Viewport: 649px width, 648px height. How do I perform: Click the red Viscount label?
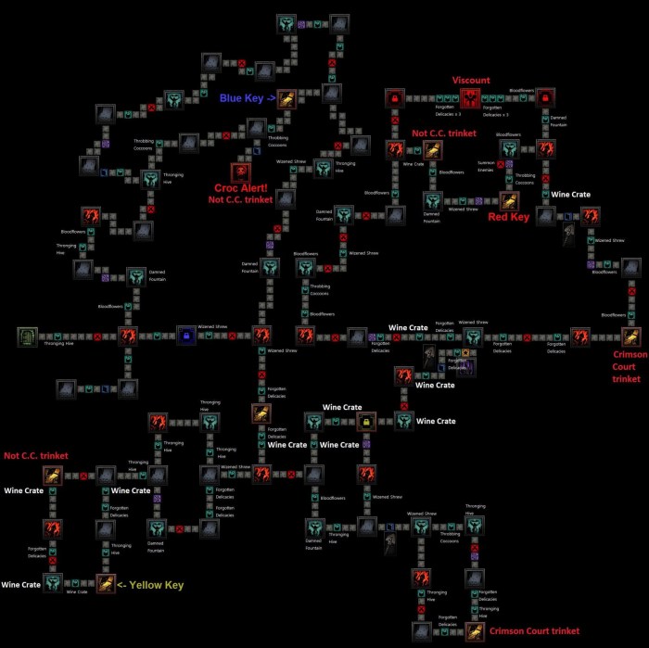click(x=471, y=81)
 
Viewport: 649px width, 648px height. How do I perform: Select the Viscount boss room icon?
click(x=471, y=97)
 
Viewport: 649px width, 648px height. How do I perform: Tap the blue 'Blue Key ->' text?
click(x=247, y=98)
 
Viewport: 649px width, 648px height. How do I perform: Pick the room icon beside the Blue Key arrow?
click(x=286, y=98)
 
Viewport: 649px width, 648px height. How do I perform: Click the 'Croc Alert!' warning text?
click(x=241, y=188)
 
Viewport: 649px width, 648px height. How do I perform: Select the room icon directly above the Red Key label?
click(x=509, y=200)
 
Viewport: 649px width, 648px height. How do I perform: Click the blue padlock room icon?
click(x=186, y=335)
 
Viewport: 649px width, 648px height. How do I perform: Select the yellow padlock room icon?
click(x=366, y=422)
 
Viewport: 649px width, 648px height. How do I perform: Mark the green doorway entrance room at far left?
click(x=28, y=336)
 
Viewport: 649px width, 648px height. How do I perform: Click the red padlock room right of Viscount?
click(x=546, y=97)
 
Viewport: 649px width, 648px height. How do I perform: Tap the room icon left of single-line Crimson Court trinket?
click(x=475, y=631)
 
